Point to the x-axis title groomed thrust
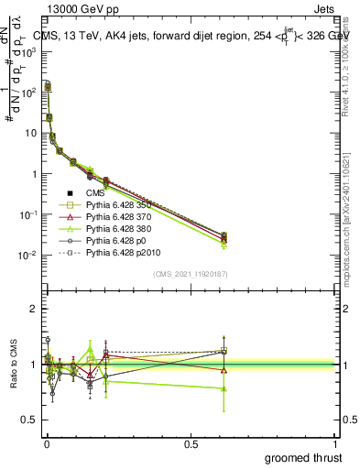(304, 455)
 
